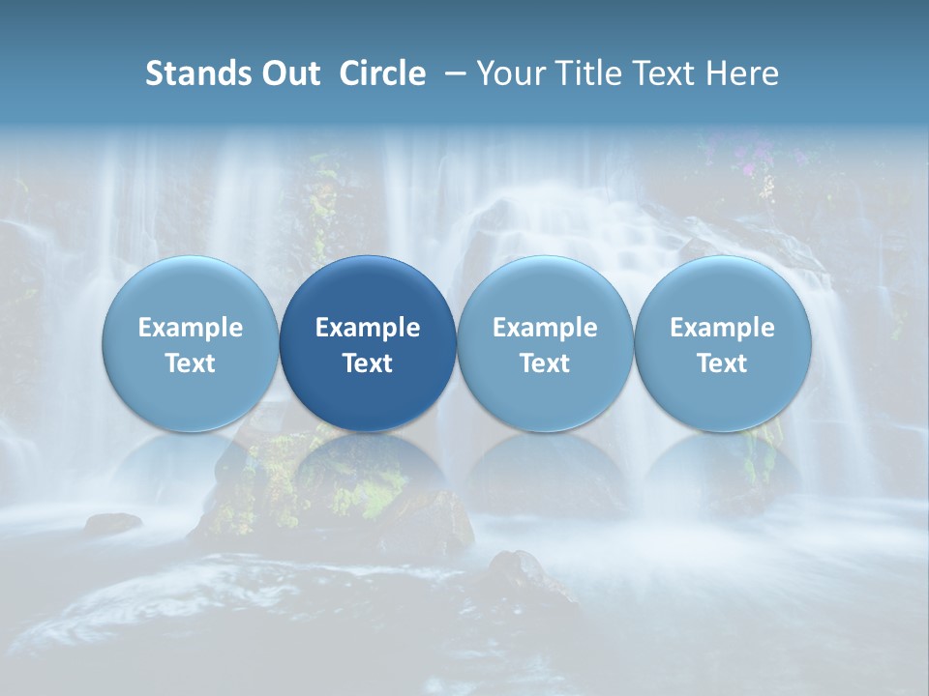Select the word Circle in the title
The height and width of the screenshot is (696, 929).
(x=382, y=73)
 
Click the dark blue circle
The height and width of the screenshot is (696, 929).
(x=368, y=343)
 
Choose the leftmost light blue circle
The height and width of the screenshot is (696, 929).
(x=191, y=343)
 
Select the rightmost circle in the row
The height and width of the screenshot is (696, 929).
(x=723, y=343)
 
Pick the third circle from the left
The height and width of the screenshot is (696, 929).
(x=545, y=343)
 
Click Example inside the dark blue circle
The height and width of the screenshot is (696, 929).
(x=368, y=328)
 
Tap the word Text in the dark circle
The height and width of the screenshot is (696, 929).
(x=368, y=363)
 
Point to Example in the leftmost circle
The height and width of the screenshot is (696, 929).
(x=191, y=328)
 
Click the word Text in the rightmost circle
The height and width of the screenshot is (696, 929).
(x=723, y=363)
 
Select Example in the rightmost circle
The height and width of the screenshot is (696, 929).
(x=723, y=328)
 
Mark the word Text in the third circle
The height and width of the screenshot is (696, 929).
(x=545, y=363)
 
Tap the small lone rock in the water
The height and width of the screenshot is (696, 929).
(x=112, y=523)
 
